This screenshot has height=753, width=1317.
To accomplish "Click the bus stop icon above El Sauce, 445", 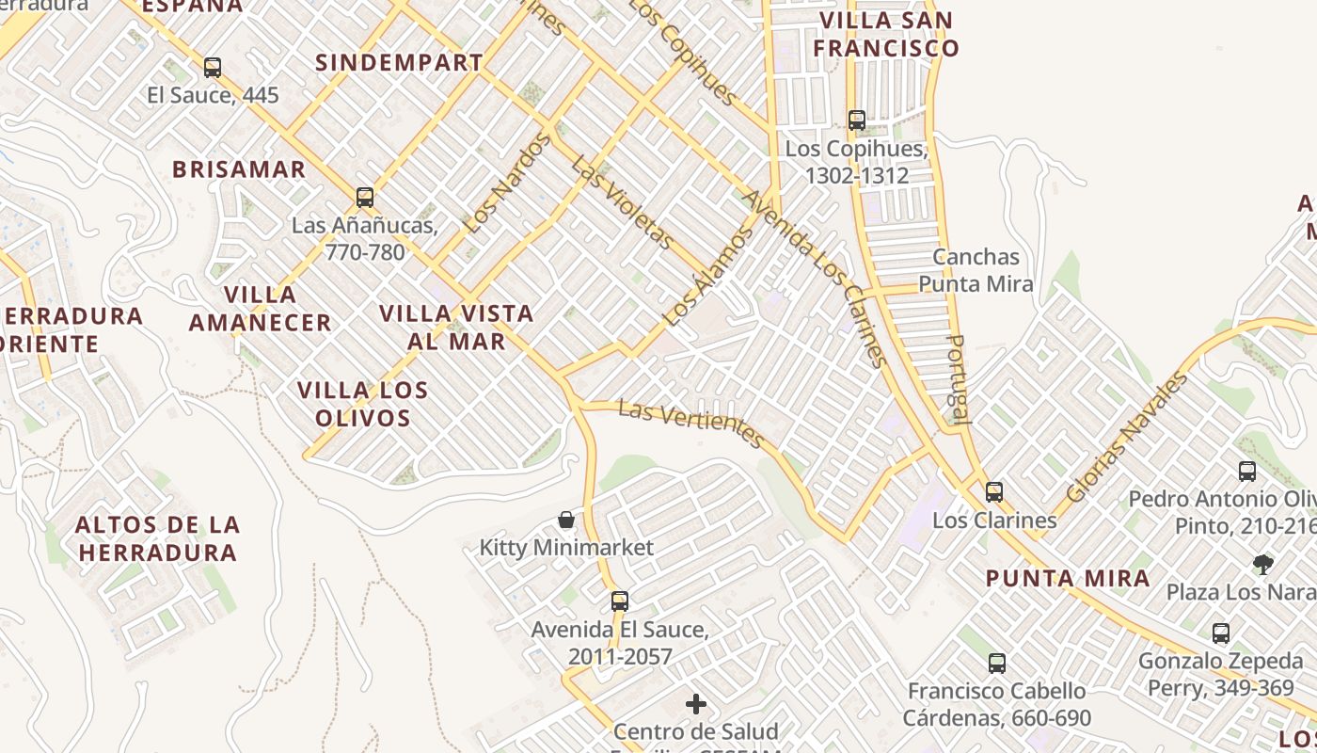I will coord(213,68).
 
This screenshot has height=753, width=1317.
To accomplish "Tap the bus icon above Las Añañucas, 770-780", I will coord(365,198).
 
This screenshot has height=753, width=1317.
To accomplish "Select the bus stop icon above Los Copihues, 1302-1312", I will coord(856,120).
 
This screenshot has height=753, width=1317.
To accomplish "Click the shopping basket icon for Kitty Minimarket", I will coord(566,520).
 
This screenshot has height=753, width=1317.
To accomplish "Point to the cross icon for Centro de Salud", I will coord(696,704).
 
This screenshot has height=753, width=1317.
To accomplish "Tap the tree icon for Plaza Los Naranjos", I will coord(1263,565).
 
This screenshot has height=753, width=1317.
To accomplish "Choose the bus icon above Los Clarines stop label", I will coord(994,492).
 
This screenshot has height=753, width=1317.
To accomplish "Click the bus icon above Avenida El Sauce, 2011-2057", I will coord(619,601).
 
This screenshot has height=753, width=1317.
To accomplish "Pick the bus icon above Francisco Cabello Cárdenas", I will coord(997,664).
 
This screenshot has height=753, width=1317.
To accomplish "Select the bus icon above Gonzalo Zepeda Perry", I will coord(1221,633).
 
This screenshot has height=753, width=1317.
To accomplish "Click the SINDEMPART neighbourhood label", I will coord(399,63).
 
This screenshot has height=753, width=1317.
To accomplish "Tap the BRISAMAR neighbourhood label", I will coord(239,169).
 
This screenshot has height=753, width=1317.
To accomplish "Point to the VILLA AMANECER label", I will coord(261,309).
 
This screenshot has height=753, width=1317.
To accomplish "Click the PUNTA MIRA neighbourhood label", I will coord(1068,579).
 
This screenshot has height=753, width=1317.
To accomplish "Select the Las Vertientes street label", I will coord(691,423).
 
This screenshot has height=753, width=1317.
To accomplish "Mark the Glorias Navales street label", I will coord(1127,439).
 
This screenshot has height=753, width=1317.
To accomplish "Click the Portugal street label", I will coord(958,379).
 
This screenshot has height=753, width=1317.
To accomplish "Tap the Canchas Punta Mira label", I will coord(976,270).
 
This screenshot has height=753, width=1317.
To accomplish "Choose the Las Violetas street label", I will coord(623,202).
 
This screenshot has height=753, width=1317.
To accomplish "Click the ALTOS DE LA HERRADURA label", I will coord(157,538).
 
